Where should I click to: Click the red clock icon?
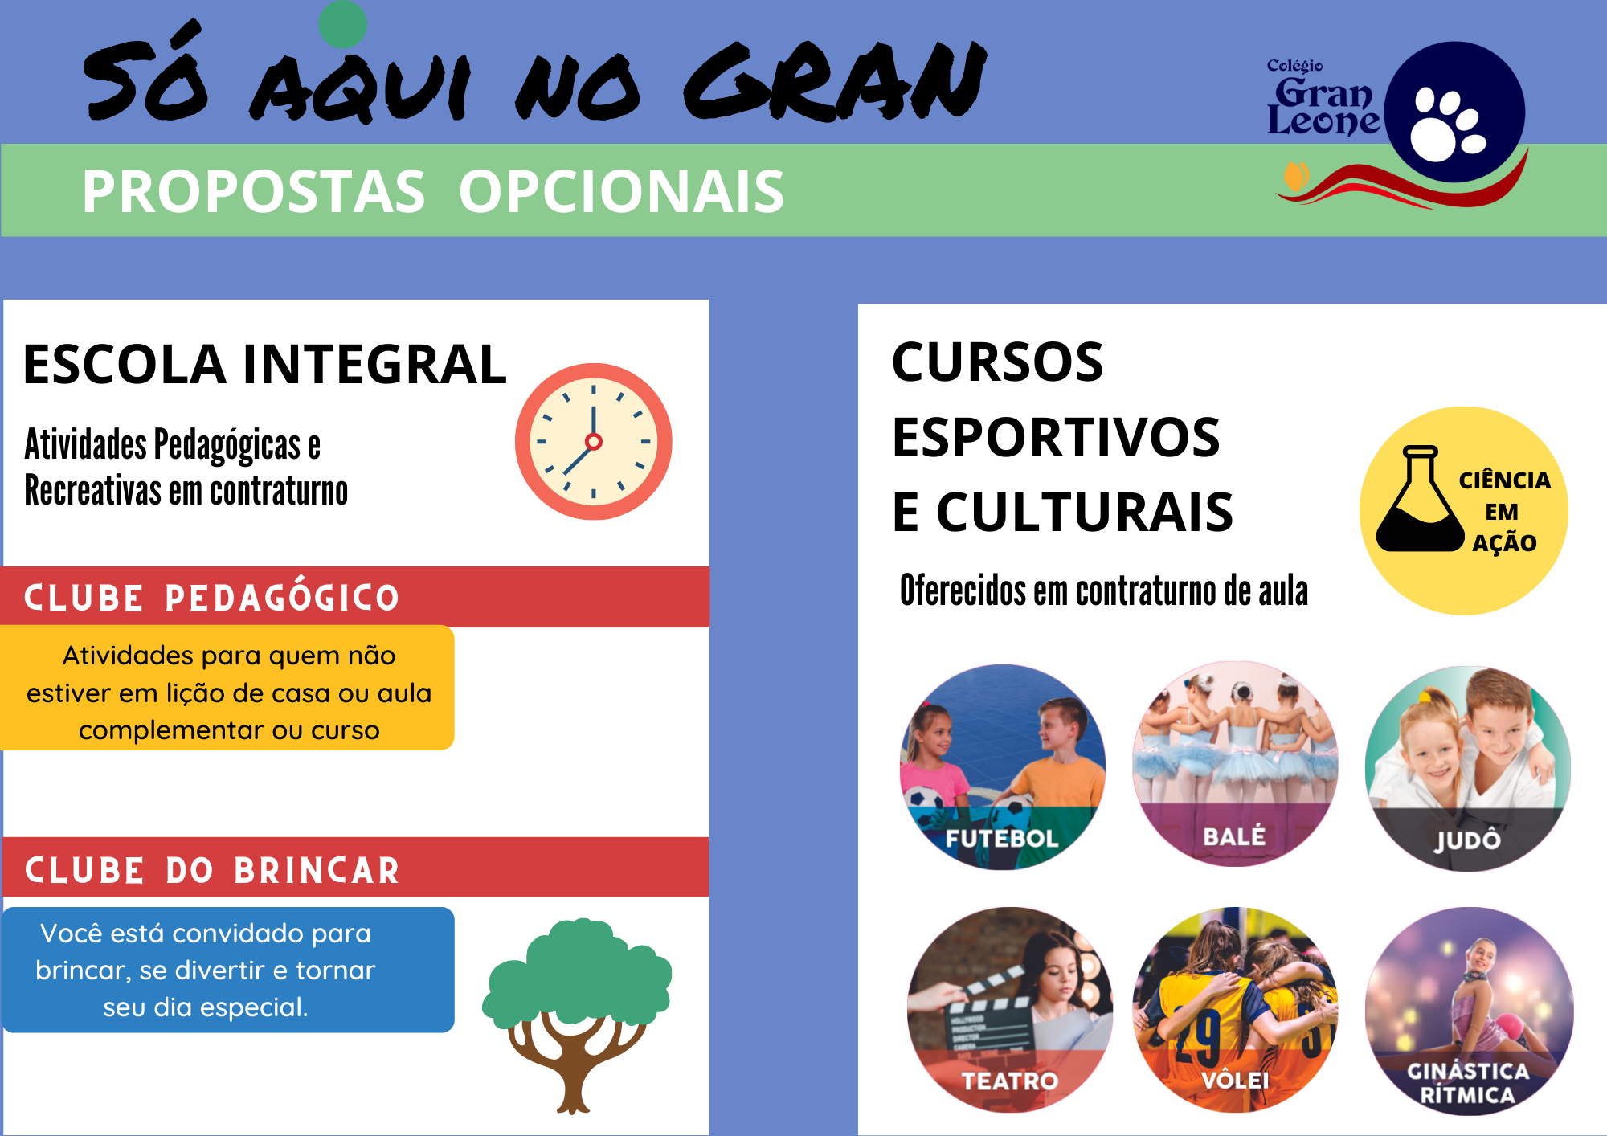(593, 441)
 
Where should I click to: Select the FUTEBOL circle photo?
(1002, 767)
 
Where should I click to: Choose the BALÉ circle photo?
(1235, 764)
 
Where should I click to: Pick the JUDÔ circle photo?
(1467, 769)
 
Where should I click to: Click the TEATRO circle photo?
(1010, 1010)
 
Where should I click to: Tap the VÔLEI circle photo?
(1235, 1010)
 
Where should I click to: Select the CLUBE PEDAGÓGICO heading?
(211, 598)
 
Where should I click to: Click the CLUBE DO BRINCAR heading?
(212, 870)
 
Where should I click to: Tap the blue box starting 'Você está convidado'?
(228, 970)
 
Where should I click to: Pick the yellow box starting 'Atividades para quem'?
(228, 688)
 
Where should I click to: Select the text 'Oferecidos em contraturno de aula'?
(1104, 590)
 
